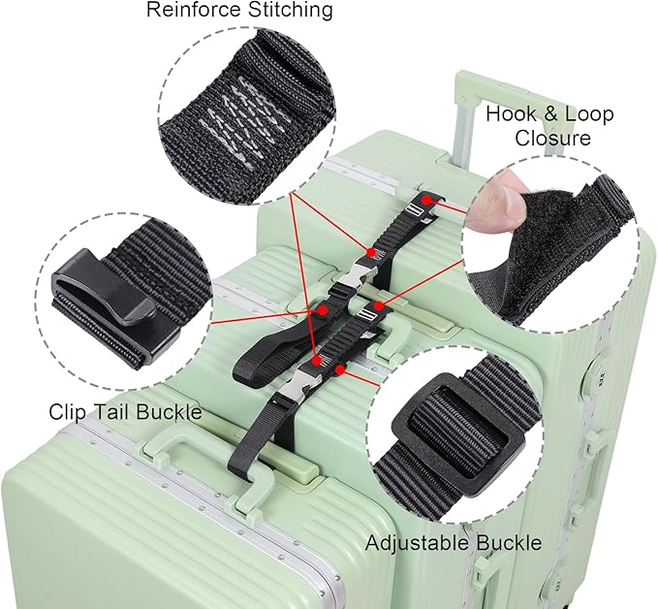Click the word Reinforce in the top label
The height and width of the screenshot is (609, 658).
[x=194, y=10]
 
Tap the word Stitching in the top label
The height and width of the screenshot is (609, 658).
[x=291, y=10]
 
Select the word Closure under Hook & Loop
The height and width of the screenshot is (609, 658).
[x=552, y=138]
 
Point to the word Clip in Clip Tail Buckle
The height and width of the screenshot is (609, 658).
[x=66, y=411]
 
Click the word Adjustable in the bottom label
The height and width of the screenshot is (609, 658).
[x=416, y=543]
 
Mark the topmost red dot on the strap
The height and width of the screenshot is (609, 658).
[x=426, y=201]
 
